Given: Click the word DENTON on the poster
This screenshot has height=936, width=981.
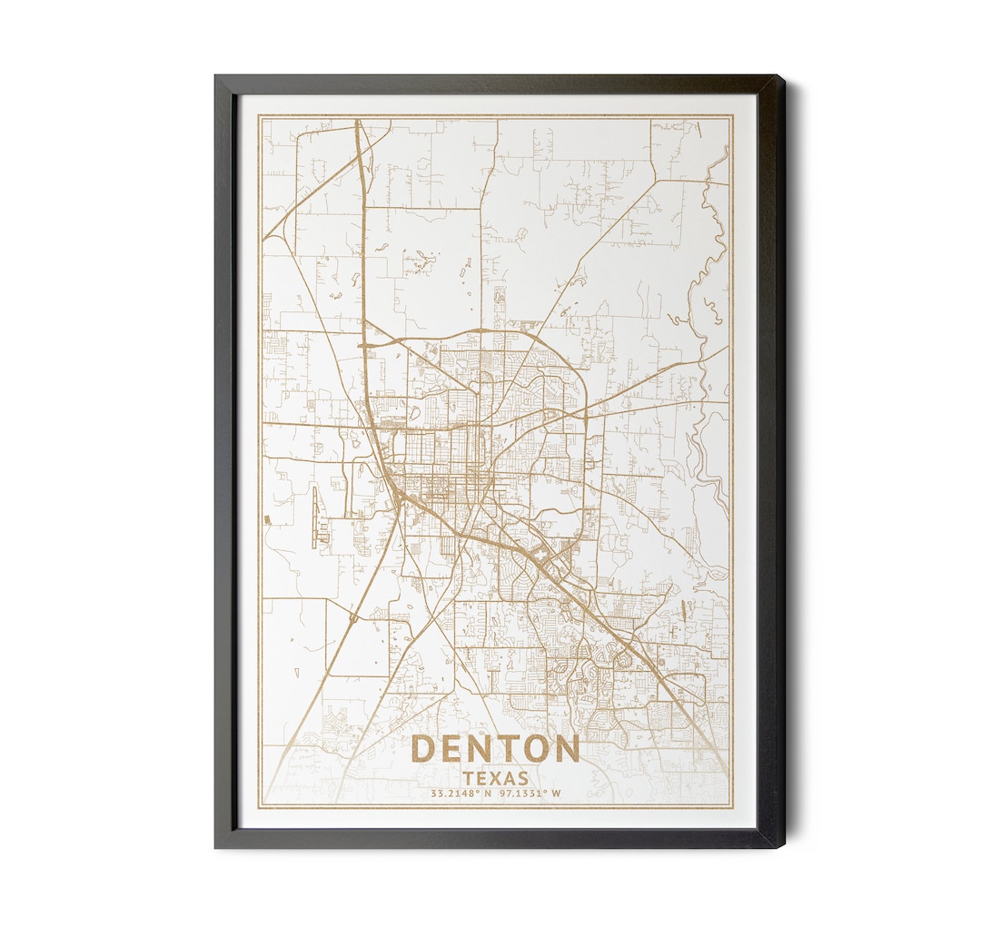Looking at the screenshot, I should point(495,749).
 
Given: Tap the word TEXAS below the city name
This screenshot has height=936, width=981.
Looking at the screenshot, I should point(495,778).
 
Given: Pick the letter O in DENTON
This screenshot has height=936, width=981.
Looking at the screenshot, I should point(534,749).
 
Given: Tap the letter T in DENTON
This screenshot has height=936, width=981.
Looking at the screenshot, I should point(507,749).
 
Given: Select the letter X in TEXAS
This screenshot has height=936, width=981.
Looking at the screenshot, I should point(496,778).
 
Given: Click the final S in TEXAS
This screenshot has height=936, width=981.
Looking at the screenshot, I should point(522,778).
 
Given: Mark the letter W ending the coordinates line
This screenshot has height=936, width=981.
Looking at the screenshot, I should point(556,793).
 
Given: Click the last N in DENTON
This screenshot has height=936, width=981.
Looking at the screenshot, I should point(565,749).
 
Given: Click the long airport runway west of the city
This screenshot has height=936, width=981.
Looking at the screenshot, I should point(317,517).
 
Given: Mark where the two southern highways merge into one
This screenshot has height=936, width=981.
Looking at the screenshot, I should point(399,495).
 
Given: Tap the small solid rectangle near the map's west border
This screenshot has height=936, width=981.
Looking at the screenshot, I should point(267,519).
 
